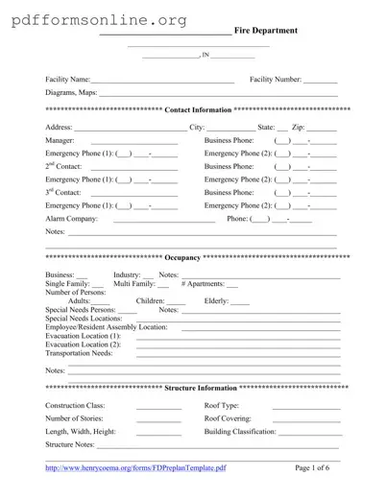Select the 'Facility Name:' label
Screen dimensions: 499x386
pyautogui.click(x=68, y=79)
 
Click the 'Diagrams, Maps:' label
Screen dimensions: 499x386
pyautogui.click(x=71, y=93)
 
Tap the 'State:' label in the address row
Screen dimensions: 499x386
pyautogui.click(x=267, y=127)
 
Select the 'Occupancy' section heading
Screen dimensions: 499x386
pyautogui.click(x=182, y=258)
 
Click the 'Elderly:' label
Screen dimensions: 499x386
pyautogui.click(x=216, y=301)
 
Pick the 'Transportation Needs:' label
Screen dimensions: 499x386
pyautogui.click(x=79, y=353)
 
